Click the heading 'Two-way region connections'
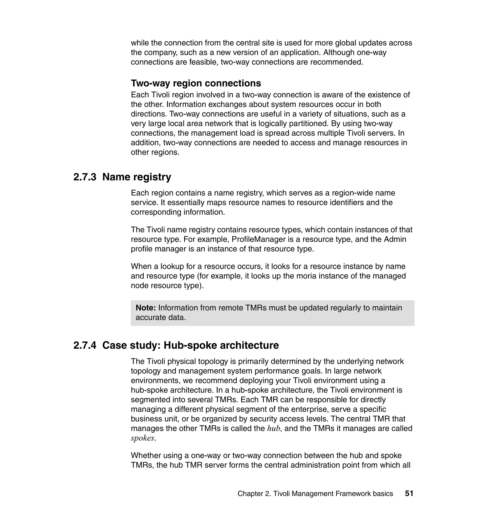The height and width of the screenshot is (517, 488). point(196,83)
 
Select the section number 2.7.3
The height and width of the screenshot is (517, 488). point(85,177)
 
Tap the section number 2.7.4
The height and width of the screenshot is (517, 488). point(85,346)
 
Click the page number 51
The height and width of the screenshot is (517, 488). point(409,493)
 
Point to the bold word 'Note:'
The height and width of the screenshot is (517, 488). point(146,308)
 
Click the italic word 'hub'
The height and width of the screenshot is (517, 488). point(273,428)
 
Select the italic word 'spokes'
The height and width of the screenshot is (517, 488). point(142,438)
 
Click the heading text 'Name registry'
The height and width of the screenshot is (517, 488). point(137,177)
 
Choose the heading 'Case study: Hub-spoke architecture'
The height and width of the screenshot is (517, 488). point(190,346)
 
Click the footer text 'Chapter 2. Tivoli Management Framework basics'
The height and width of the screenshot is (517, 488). point(315,494)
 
